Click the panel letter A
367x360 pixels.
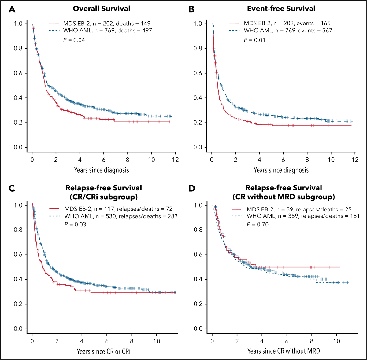[12, 9]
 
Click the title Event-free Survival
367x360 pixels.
[281, 9]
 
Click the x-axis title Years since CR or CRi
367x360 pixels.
[104, 351]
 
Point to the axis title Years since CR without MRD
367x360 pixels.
[284, 351]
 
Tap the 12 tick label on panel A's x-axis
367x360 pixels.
[175, 160]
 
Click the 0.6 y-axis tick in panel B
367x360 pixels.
[198, 73]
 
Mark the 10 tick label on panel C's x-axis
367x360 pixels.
[156, 341]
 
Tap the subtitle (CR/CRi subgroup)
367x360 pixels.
[104, 197]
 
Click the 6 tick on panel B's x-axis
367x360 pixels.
[283, 160]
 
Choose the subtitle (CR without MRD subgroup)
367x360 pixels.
[284, 197]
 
